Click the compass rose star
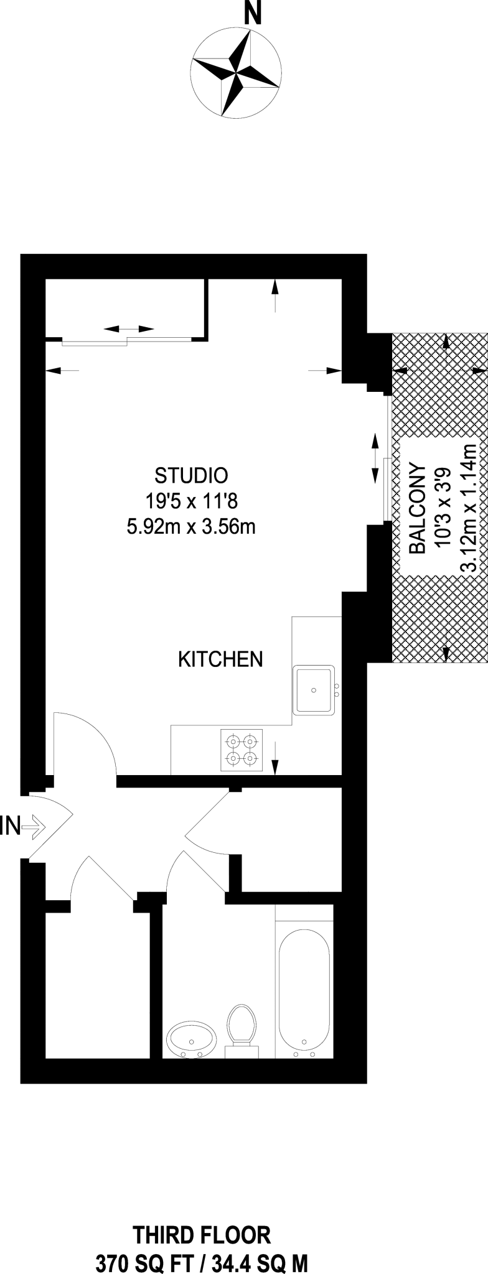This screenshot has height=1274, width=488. [235, 74]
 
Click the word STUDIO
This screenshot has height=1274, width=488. [191, 476]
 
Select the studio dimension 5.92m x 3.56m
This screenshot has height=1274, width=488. [191, 527]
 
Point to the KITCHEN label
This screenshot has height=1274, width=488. [220, 659]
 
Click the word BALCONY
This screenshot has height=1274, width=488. [417, 509]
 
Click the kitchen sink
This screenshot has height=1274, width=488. [314, 689]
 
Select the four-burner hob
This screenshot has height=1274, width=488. [242, 750]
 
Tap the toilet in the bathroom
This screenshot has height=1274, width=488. [242, 1029]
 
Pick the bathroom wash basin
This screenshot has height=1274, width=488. [191, 1039]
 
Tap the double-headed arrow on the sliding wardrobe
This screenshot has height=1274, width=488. [128, 328]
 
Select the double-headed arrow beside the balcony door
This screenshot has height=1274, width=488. [375, 458]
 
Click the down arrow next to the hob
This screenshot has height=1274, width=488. [275, 758]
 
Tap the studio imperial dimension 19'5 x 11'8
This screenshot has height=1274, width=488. [191, 501]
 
